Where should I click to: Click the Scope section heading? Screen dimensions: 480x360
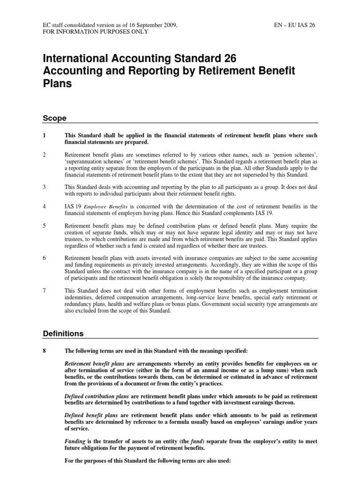click(54, 118)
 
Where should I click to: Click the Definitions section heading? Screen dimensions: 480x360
click(63, 334)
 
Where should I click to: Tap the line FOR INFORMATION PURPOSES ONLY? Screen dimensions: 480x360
click(95, 31)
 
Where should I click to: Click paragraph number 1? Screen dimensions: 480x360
click(45, 135)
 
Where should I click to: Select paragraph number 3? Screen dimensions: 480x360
click(45, 187)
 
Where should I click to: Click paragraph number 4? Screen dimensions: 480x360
click(45, 207)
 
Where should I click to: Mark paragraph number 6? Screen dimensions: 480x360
click(45, 258)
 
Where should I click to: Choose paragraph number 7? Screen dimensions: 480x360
click(45, 291)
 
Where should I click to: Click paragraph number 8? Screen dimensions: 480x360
click(45, 351)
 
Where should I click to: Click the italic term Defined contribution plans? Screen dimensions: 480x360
click(97, 396)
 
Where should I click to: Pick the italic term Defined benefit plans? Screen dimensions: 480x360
click(90, 415)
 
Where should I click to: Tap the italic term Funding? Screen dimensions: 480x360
click(75, 441)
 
